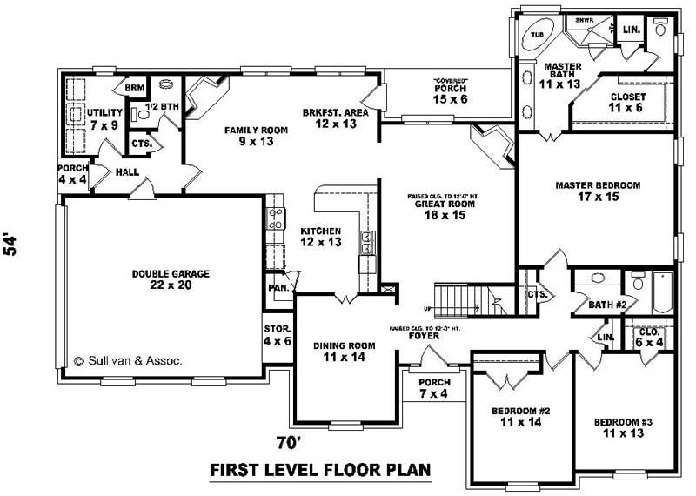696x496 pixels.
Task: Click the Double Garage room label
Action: point(171,279)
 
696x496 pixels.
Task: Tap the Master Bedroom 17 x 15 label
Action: point(598,191)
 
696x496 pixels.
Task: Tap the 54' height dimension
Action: point(11,244)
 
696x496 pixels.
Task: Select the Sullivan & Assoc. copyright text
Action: point(128,359)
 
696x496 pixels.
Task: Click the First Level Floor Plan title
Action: point(320,471)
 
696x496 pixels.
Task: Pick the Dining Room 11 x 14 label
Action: point(344,352)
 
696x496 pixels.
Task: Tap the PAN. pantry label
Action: point(278,286)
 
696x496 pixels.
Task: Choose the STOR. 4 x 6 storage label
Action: point(278,335)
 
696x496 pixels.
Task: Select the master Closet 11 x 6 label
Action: point(626,103)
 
